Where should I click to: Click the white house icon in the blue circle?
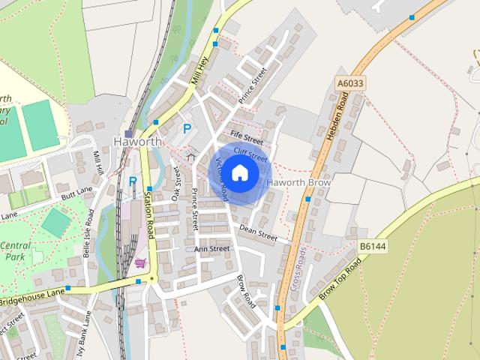(x=239, y=173)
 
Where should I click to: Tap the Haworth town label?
(x=137, y=141)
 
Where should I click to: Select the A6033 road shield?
(x=350, y=83)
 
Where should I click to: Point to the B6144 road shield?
(x=372, y=245)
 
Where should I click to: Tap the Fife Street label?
(x=247, y=139)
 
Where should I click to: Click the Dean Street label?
(x=258, y=233)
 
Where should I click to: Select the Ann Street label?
(x=211, y=249)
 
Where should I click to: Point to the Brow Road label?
(x=246, y=292)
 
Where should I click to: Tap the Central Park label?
(x=15, y=251)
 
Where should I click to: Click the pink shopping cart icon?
(x=140, y=262)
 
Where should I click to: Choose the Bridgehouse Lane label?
(x=33, y=298)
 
